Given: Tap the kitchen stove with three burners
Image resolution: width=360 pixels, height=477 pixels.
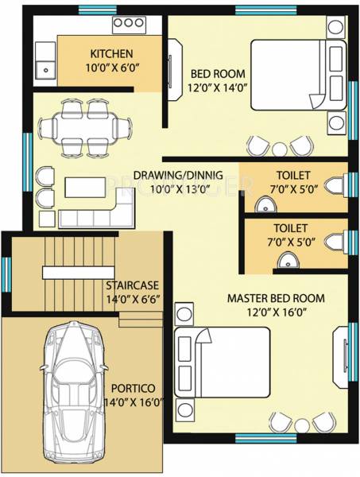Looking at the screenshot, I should coord(127,25).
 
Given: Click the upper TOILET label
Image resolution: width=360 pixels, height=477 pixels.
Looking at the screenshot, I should coord(293,175).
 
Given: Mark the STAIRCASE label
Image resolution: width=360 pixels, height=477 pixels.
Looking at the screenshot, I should coord(134,284).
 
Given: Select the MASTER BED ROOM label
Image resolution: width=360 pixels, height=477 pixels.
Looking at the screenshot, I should coord(276,298).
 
